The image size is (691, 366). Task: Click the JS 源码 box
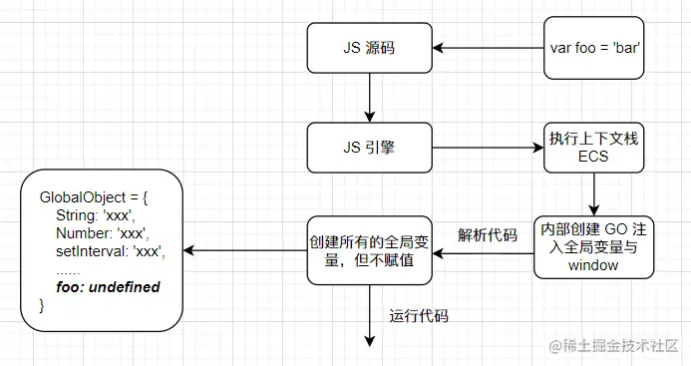pos(369,47)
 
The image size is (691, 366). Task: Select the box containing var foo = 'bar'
pos(595,47)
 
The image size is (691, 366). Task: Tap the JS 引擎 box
pos(369,149)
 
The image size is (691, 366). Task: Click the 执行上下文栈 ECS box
pos(593,149)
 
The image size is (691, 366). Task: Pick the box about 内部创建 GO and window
pos(594,246)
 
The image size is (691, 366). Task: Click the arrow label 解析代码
pos(488,235)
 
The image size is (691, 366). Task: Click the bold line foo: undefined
pos(108,287)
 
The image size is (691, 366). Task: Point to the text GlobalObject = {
pos(93,195)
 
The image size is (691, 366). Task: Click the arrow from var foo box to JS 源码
pos(486,47)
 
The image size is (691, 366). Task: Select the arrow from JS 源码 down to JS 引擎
pos(369,98)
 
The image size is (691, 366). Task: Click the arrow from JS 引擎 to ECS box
pos(486,149)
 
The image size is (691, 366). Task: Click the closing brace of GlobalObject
pos(42,305)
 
